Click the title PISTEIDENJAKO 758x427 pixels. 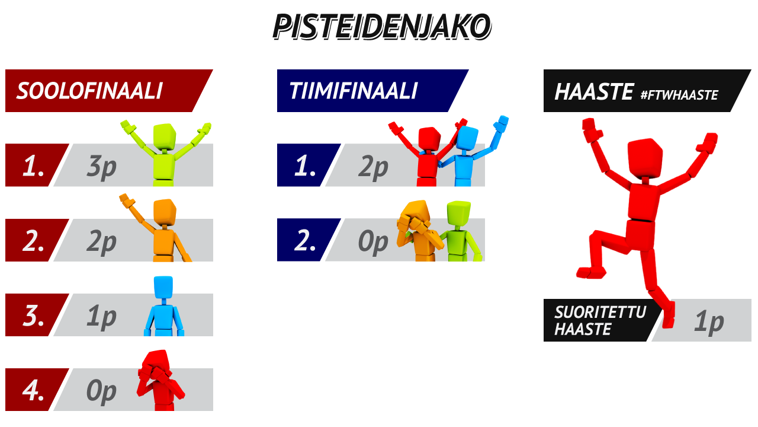382,27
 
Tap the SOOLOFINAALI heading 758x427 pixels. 89,91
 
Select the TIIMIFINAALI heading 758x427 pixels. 354,91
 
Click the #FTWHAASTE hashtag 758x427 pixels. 679,95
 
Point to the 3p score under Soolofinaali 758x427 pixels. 101,167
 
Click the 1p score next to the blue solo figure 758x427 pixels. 101,317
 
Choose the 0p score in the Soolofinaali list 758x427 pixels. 101,391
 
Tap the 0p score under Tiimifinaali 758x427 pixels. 373,242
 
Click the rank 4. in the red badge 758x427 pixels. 33,390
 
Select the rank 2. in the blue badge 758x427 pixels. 304,240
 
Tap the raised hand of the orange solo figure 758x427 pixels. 127,200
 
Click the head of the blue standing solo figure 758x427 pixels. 163,287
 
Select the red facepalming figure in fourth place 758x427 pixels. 160,380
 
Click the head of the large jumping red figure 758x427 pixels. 645,158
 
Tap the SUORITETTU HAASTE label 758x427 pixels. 600,321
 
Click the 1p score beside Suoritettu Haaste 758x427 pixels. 709,321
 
